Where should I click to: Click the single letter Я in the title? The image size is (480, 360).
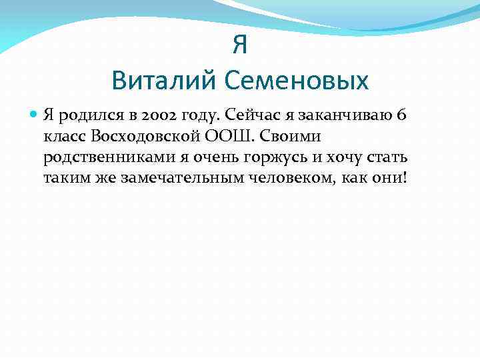point(240,45)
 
